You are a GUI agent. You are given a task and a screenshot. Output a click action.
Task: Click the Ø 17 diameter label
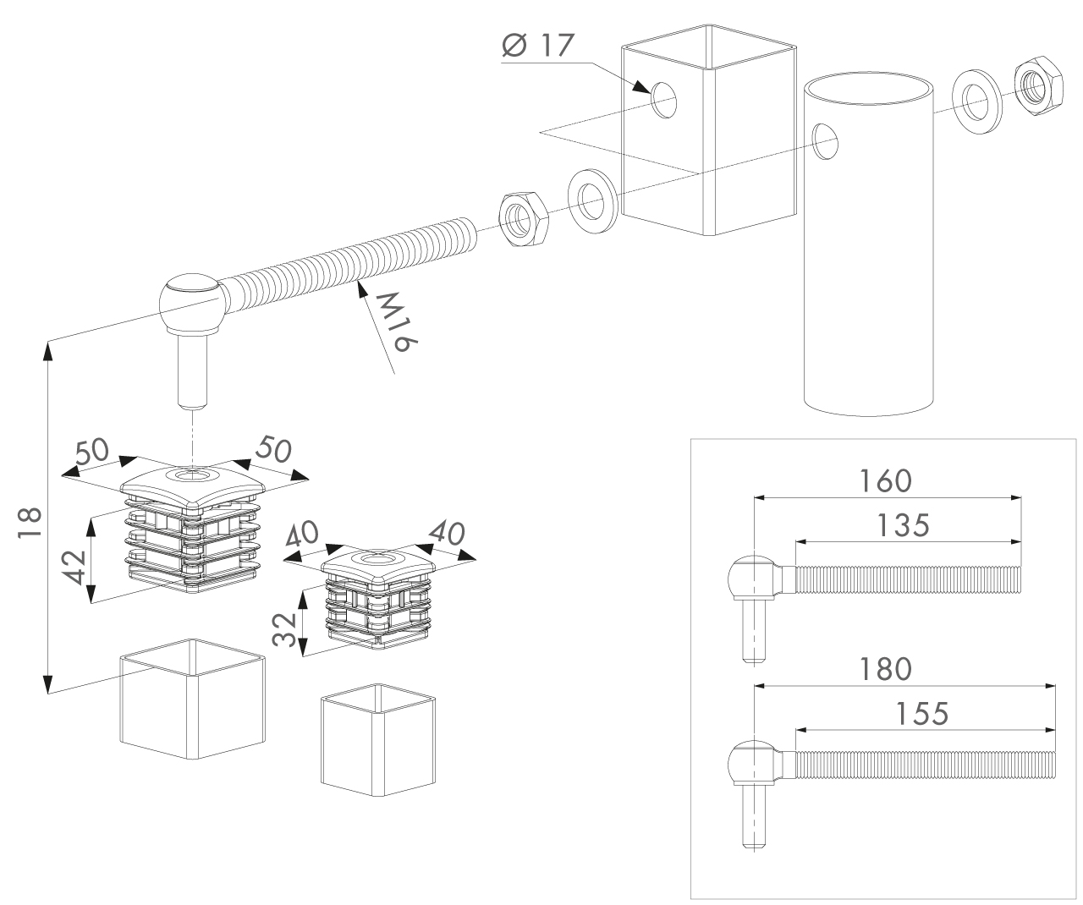click(538, 45)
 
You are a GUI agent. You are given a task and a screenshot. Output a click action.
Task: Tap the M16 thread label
click(398, 321)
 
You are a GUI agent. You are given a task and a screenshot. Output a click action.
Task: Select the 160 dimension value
click(885, 480)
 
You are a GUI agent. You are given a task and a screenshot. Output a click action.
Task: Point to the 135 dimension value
click(903, 525)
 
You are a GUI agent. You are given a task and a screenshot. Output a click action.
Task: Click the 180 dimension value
click(885, 670)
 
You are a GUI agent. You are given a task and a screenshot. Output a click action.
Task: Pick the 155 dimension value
click(922, 714)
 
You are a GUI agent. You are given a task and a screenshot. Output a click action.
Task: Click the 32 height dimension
click(283, 629)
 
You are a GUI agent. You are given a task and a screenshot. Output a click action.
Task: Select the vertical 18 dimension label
click(30, 523)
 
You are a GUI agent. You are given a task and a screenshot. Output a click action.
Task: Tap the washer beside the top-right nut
click(977, 102)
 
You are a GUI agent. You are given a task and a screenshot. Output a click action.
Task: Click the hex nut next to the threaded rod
click(524, 220)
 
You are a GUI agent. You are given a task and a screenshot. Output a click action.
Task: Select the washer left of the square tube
click(593, 200)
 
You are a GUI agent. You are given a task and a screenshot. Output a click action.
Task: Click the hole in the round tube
click(825, 141)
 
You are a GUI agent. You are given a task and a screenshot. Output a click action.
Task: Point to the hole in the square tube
click(664, 100)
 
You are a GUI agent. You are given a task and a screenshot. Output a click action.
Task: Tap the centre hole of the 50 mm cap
click(193, 475)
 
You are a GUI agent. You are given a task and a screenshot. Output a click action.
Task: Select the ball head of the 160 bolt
click(751, 577)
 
